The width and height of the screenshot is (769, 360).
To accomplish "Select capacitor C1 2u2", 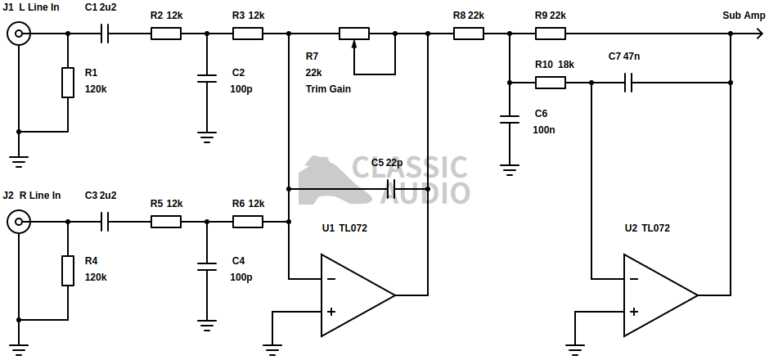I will point(105,34).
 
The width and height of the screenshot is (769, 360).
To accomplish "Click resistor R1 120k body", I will point(68,82).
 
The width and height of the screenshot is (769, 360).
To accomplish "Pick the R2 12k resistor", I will point(166,34).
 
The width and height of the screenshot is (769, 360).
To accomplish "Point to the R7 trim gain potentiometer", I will point(354,34).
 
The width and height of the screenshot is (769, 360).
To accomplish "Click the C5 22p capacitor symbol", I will point(391,189).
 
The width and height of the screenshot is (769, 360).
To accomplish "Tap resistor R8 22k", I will point(469,34).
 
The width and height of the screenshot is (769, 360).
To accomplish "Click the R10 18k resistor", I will point(551,82).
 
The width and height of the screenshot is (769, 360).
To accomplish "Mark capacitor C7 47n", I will point(628,82).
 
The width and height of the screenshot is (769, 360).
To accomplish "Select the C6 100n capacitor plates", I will point(510,119).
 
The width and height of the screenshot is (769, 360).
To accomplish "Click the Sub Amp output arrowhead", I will point(758,34).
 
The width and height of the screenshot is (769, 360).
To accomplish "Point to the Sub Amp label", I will point(744,16).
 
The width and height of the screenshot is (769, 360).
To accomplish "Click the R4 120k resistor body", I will point(68,270).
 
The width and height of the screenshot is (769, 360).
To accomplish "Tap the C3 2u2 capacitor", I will point(105,221).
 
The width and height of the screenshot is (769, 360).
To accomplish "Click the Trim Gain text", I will point(328,88).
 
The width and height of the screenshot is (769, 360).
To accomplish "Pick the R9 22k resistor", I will point(551,34).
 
